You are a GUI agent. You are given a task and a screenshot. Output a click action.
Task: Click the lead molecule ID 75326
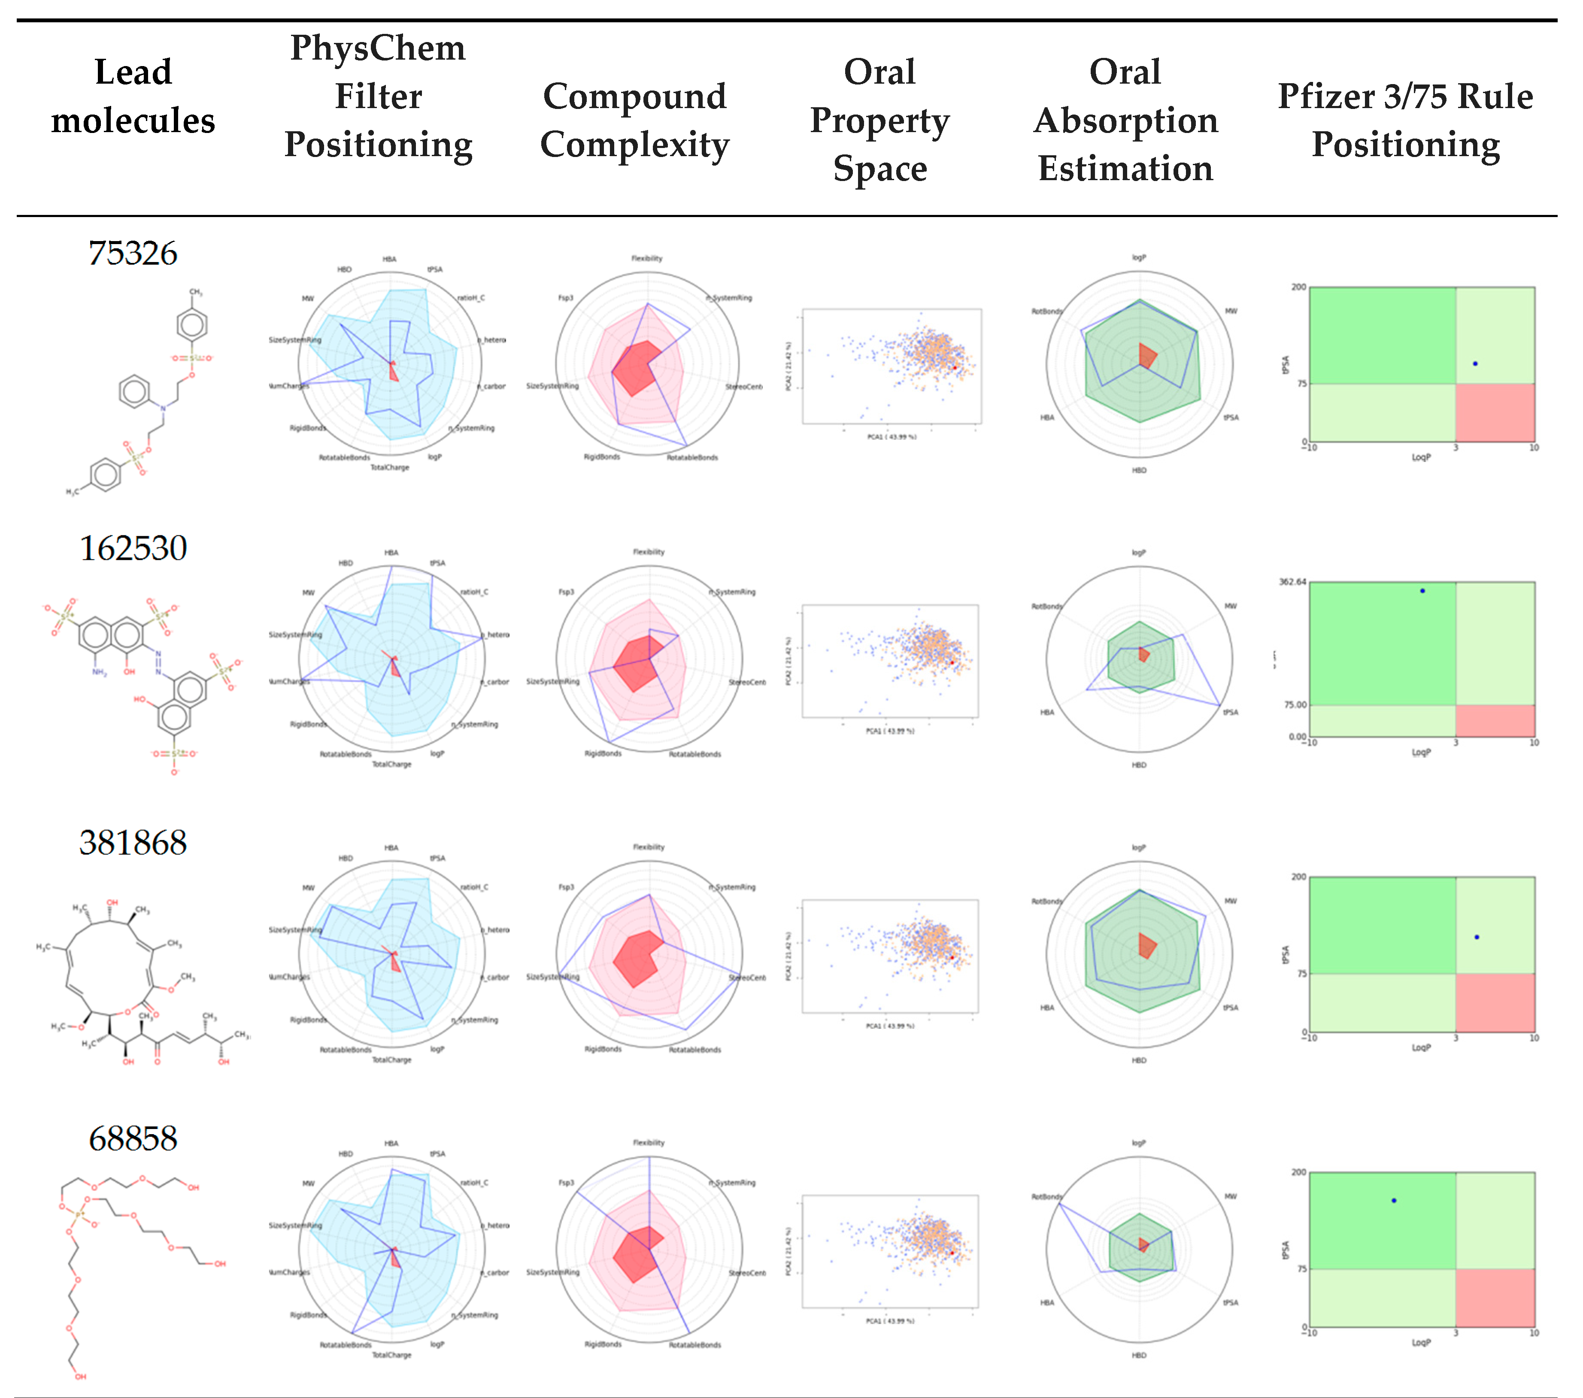coord(133,253)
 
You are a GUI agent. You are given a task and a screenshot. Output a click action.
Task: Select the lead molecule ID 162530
coord(133,548)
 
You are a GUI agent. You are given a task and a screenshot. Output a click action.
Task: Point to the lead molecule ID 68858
coord(133,1138)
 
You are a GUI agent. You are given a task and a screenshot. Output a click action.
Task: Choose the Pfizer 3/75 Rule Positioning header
coord(1405,120)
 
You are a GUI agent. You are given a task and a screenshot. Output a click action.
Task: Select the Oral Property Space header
coord(880,120)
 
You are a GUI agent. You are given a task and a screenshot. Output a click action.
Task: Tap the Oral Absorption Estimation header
coord(1125,120)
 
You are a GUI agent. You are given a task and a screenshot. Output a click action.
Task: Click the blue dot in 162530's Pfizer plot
coord(1422,591)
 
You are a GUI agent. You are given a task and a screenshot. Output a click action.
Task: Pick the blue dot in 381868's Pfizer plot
coord(1477,936)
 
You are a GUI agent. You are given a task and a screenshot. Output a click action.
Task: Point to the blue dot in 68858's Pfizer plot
coord(1394,1201)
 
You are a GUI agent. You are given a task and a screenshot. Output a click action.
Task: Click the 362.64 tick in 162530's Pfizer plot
coord(1292,581)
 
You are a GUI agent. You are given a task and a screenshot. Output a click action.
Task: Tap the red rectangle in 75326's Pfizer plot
coord(1495,413)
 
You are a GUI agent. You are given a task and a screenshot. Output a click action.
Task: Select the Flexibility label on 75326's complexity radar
coord(647,258)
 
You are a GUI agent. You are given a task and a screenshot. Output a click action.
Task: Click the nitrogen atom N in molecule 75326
coord(163,408)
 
